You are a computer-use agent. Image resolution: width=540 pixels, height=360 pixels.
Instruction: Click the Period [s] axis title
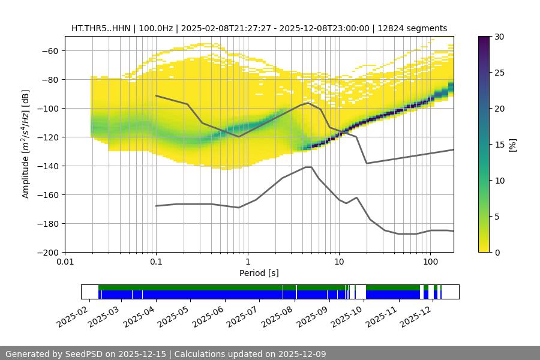pyautogui.click(x=259, y=273)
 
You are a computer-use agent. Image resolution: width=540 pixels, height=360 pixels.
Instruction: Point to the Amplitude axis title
pyautogui.click(x=26, y=144)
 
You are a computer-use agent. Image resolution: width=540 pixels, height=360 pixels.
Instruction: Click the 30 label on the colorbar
pyautogui.click(x=499, y=37)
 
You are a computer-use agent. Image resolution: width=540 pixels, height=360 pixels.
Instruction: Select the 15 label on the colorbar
pyautogui.click(x=499, y=145)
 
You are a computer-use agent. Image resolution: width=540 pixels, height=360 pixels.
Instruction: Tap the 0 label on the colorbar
pyautogui.click(x=497, y=252)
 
